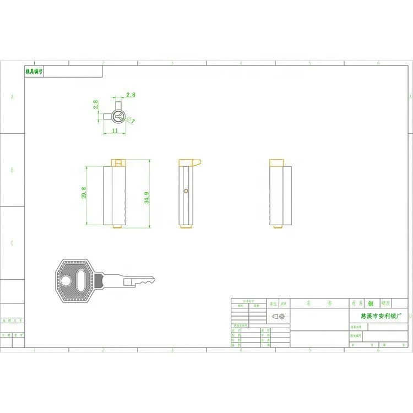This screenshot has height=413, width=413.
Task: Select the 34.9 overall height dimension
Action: point(147,198)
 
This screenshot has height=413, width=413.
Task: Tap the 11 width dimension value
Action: point(115,131)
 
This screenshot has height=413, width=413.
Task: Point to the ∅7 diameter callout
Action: point(131,119)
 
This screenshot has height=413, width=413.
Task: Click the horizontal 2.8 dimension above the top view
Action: point(131,95)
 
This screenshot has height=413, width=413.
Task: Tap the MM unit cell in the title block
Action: point(283,303)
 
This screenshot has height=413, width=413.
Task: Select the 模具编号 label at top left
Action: point(34,72)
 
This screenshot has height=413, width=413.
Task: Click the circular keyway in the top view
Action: point(118,116)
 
